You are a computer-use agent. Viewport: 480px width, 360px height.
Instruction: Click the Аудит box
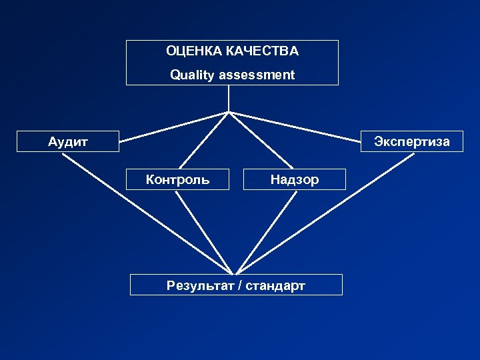[x=67, y=141]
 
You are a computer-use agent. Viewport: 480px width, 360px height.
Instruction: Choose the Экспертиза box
[x=411, y=141]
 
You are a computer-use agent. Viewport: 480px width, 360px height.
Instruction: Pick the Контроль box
[x=177, y=179]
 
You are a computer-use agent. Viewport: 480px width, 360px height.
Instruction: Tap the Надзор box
[x=295, y=179]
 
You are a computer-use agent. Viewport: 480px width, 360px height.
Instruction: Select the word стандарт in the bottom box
[x=275, y=286]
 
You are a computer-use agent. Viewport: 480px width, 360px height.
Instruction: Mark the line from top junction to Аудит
[x=175, y=127]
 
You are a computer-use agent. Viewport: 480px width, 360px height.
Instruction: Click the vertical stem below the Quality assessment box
[x=229, y=98]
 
